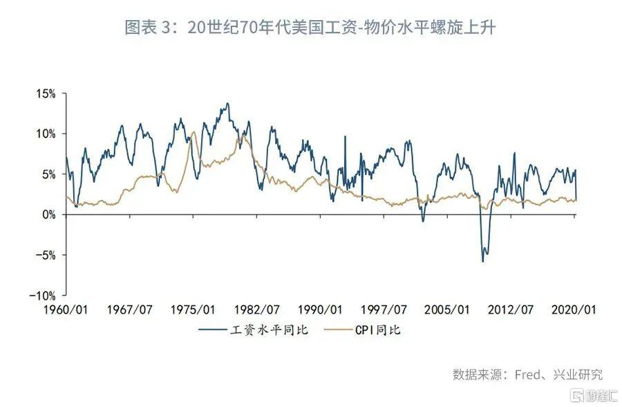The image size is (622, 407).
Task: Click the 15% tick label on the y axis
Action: click(x=46, y=93)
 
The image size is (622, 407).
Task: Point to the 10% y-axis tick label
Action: click(x=46, y=133)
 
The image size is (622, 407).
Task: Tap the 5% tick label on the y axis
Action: click(x=48, y=174)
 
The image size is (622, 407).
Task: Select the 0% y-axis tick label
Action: click(x=48, y=215)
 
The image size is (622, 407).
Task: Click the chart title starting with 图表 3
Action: click(x=310, y=28)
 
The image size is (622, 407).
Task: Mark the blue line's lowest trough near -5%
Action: click(x=483, y=261)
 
